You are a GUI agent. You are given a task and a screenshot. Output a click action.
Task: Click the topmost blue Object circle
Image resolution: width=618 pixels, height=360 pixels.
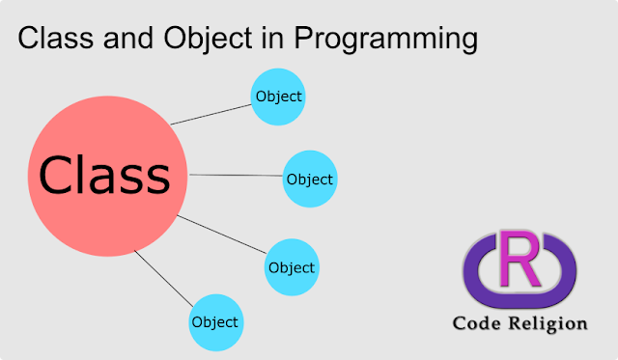(277, 97)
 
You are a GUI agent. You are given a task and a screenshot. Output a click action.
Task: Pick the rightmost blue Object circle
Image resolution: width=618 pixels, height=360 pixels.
(309, 180)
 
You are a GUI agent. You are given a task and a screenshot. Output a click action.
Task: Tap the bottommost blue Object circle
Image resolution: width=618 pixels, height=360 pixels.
(215, 321)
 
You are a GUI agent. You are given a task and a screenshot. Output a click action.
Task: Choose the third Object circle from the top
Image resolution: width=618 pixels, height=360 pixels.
(292, 266)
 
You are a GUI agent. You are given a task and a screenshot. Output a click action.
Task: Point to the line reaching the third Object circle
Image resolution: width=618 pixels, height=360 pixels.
(222, 236)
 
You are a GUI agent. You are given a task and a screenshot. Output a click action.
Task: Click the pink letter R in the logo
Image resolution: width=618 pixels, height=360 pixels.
(520, 259)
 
